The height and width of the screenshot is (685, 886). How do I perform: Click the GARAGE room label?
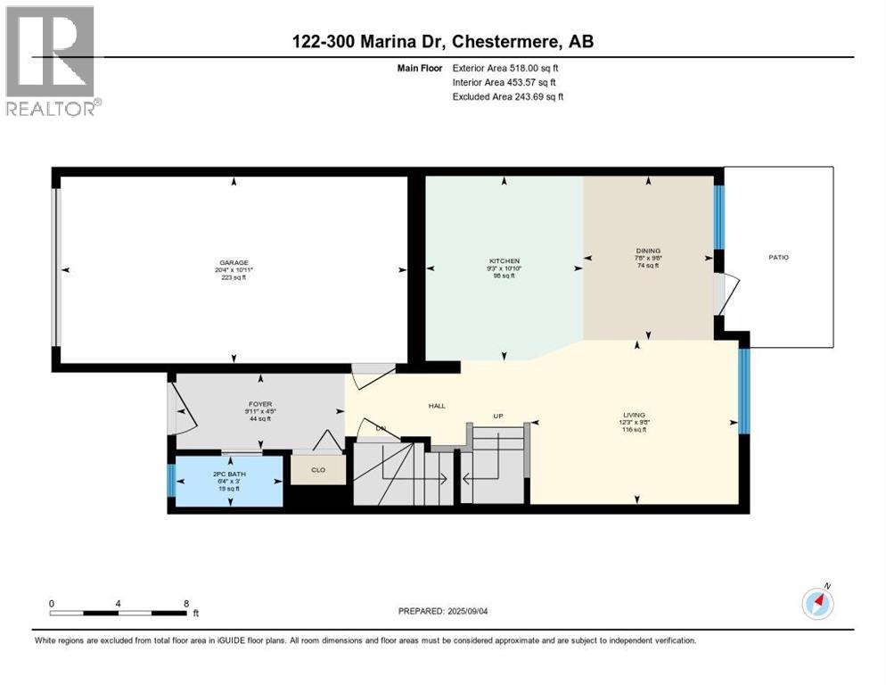tap(234, 262)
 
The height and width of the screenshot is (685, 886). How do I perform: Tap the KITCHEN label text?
tap(504, 261)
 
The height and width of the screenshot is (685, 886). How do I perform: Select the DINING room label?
tap(648, 251)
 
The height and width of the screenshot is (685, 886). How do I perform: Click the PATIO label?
tap(778, 258)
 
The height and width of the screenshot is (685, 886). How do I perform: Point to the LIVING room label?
tap(635, 415)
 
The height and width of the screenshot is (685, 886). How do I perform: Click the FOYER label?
tap(259, 404)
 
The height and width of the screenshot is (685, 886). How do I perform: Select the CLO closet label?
tap(318, 469)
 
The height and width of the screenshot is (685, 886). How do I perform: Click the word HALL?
tap(437, 406)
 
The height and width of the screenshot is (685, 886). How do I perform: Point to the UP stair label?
tap(500, 417)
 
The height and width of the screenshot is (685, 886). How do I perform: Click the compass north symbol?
tap(817, 603)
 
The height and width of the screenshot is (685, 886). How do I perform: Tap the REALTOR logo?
tap(52, 62)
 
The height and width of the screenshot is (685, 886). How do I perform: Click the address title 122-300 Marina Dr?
tap(443, 42)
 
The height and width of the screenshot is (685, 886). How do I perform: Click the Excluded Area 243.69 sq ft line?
tap(507, 96)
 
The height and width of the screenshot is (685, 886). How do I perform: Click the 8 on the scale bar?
tap(185, 603)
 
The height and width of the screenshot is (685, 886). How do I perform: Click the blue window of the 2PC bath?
tap(171, 481)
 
